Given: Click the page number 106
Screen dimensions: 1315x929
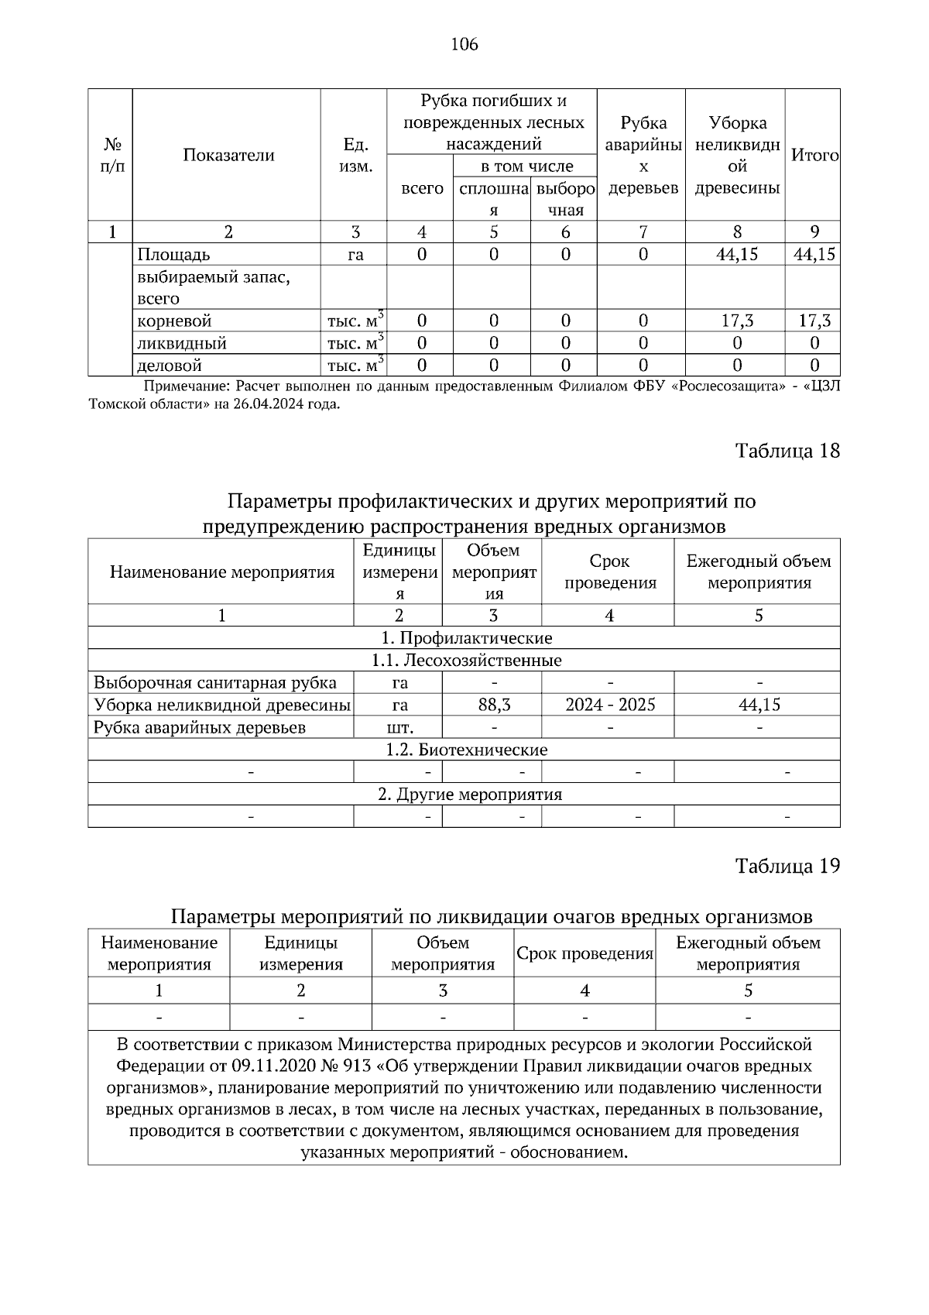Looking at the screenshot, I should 464,44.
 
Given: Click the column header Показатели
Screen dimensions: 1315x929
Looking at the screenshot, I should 228,155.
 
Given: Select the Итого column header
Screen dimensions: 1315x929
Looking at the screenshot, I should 814,155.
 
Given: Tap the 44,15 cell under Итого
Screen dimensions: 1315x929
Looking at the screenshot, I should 814,254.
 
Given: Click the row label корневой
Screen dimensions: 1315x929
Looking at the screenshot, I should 174,321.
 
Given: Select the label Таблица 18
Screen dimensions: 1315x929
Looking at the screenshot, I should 787,451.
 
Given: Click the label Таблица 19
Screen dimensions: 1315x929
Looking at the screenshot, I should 787,866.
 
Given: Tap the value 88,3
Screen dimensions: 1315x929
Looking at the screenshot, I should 493,705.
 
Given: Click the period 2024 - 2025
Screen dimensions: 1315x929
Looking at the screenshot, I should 610,705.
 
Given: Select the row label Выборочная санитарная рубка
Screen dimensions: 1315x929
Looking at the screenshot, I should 215,682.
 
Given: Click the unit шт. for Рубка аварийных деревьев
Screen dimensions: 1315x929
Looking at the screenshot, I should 399,727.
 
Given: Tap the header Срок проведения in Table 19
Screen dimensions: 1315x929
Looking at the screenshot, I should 584,953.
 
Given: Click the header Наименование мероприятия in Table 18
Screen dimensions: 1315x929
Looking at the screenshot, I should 222,572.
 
